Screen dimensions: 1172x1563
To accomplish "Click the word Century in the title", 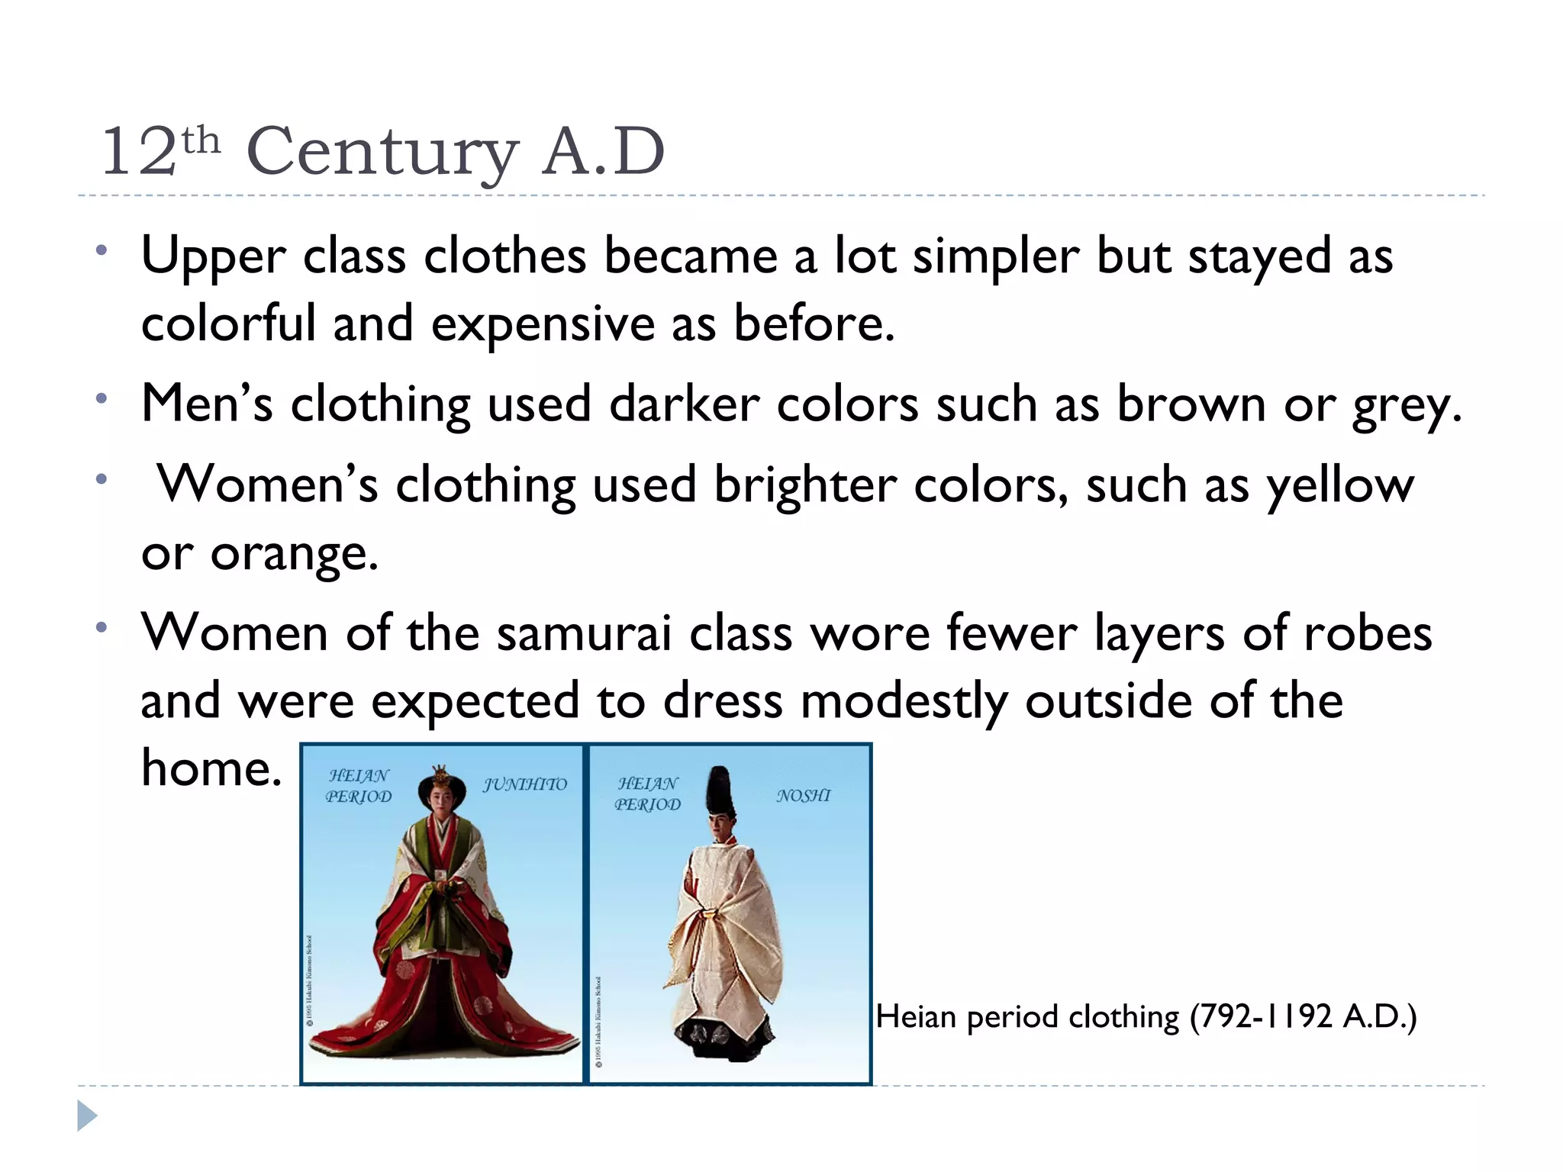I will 382,151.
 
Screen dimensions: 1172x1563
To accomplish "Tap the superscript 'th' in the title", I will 201,140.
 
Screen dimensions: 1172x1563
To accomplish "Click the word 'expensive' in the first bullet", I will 543,324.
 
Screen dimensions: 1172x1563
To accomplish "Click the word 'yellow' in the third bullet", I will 1340,486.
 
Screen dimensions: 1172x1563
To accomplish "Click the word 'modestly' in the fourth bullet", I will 903,700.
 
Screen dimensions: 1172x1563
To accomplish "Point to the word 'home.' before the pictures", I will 211,768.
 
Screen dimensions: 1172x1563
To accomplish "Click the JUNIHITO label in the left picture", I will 525,784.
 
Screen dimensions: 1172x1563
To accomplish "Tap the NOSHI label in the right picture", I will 803,796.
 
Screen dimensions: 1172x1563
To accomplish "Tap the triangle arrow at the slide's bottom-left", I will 87,1116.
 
